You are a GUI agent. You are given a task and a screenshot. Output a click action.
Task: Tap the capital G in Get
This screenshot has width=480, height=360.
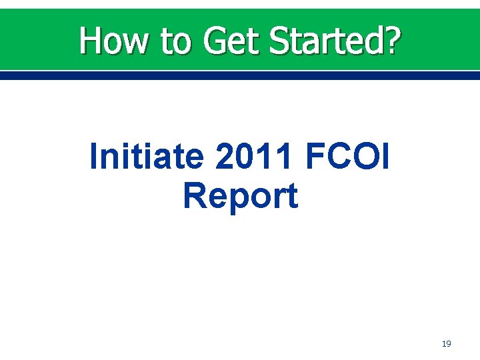(217, 41)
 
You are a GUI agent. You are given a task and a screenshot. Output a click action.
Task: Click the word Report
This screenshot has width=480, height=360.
(240, 196)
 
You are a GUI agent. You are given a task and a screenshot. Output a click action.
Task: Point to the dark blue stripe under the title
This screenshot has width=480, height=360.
(240, 76)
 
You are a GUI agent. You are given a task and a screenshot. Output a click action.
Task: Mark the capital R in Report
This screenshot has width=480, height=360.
(194, 196)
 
